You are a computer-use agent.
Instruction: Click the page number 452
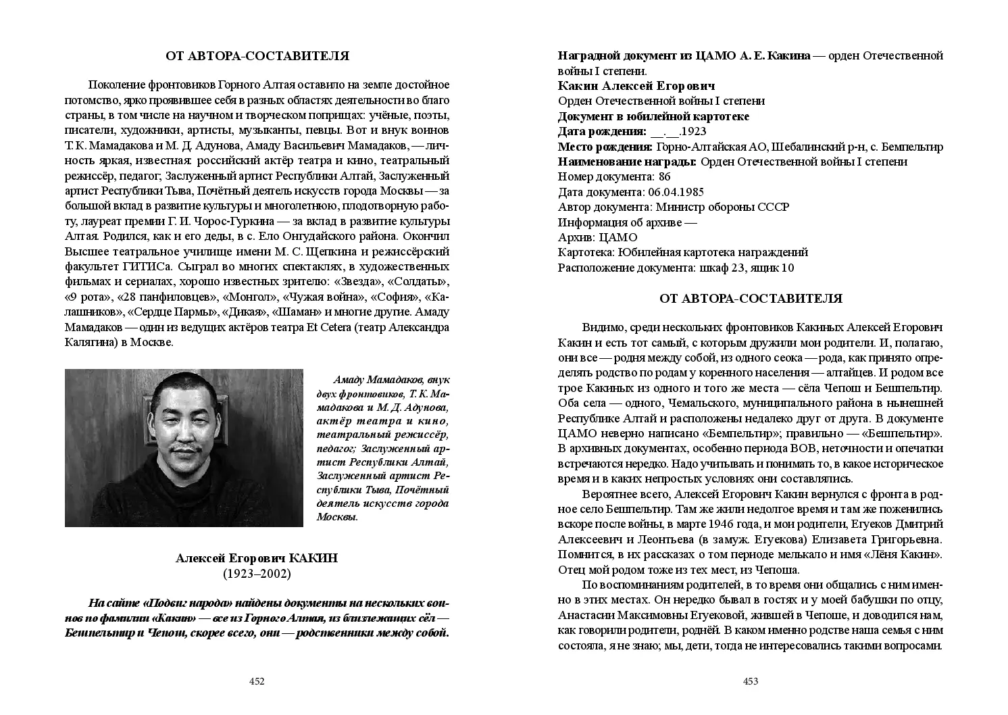pyautogui.click(x=257, y=681)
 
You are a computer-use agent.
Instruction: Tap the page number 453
pyautogui.click(x=751, y=681)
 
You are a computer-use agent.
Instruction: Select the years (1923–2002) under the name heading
pyautogui.click(x=257, y=574)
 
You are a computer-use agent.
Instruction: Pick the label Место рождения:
pyautogui.click(x=605, y=147)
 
